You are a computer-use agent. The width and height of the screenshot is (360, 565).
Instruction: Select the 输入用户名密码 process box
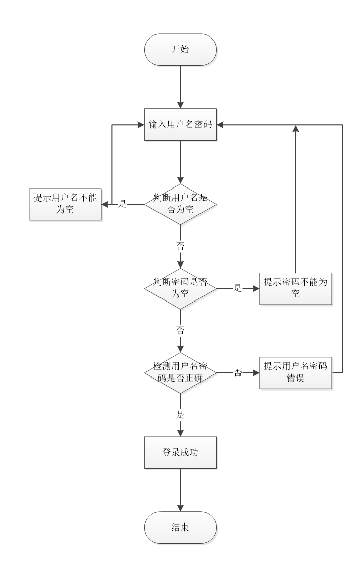(x=180, y=124)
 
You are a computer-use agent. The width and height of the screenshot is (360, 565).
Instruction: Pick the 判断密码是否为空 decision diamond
(x=180, y=288)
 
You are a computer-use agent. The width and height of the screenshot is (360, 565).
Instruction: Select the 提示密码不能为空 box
(x=296, y=288)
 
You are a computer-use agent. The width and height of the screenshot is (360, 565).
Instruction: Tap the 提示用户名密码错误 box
(x=296, y=373)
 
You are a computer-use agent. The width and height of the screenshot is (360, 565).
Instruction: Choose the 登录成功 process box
(x=180, y=452)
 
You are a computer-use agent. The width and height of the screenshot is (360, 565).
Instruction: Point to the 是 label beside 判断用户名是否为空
(x=122, y=204)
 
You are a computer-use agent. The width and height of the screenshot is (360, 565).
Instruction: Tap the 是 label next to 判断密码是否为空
(x=238, y=289)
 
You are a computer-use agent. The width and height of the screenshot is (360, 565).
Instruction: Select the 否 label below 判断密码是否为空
(x=180, y=329)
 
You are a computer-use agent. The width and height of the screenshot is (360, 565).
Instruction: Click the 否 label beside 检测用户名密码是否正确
(x=238, y=373)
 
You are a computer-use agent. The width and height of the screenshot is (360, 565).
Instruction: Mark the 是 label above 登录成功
(x=180, y=414)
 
